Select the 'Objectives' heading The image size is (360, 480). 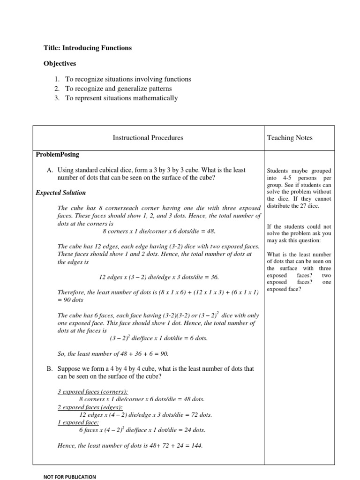click(60, 63)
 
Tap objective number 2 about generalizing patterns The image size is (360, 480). click(119, 89)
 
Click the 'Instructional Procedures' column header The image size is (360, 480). click(148, 138)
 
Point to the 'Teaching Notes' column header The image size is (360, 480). click(289, 138)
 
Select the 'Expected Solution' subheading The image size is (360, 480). click(60, 193)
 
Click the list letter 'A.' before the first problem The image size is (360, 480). click(50, 170)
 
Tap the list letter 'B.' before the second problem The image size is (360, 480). click(50, 369)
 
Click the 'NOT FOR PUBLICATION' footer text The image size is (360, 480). click(69, 477)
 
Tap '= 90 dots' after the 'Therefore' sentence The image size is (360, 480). click(71, 299)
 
